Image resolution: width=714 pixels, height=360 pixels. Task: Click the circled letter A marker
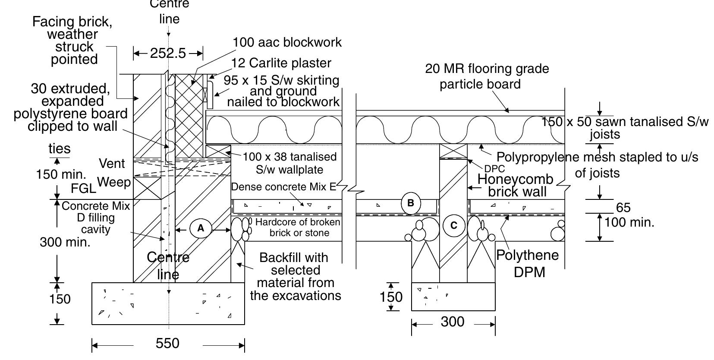tap(201, 228)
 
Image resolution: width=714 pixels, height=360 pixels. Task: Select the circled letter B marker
tap(410, 203)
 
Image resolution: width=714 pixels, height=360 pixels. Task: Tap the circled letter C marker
tap(453, 225)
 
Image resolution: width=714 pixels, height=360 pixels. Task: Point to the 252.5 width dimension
tap(168, 54)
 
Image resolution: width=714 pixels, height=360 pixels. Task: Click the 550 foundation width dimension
tap(167, 344)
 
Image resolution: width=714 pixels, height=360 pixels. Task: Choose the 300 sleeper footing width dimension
tap(453, 322)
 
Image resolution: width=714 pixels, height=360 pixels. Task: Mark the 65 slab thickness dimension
tap(623, 208)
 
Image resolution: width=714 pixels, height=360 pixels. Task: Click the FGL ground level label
tap(83, 189)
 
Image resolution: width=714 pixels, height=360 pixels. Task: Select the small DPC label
tap(494, 169)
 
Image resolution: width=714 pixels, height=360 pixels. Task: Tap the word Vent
tap(112, 164)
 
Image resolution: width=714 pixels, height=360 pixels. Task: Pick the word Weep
tap(114, 182)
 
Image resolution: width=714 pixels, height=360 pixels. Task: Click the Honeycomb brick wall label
tap(516, 185)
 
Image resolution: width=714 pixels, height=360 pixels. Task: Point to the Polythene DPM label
tap(528, 263)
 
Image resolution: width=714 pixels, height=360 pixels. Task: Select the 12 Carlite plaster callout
tap(281, 63)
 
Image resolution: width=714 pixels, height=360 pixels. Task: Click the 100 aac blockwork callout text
tap(287, 42)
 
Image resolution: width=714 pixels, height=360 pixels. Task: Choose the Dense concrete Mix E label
tap(283, 187)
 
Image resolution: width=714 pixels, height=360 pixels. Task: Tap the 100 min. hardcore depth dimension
tap(629, 223)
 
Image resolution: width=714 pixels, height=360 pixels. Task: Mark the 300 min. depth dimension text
tap(65, 242)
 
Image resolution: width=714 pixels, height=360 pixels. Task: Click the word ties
tap(59, 149)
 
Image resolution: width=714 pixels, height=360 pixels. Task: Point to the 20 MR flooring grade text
tap(487, 69)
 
